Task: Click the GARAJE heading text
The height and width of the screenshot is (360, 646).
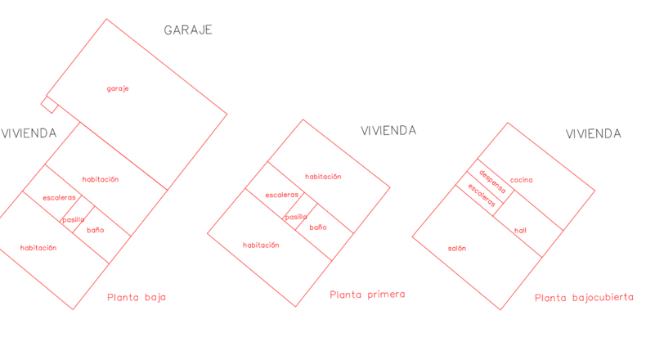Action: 188,30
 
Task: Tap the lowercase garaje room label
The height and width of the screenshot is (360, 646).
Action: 118,88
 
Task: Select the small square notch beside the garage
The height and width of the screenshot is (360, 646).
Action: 49,105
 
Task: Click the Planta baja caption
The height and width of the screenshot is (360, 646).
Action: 137,297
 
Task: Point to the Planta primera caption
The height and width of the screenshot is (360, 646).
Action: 367,295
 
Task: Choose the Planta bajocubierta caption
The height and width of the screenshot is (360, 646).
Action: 584,297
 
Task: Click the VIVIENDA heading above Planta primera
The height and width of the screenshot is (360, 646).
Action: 388,131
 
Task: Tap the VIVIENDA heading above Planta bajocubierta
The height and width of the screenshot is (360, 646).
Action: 594,133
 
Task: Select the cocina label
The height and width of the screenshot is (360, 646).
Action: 521,180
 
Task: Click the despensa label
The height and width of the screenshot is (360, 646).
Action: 492,182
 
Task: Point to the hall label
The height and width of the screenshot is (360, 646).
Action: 520,231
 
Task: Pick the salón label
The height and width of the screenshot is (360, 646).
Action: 457,248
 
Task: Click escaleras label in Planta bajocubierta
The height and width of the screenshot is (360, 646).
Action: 482,195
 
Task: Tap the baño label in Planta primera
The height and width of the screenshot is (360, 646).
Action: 318,227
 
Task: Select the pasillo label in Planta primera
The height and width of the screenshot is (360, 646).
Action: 296,217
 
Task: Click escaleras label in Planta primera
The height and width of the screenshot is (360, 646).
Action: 282,195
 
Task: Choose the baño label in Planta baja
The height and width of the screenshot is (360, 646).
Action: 95,230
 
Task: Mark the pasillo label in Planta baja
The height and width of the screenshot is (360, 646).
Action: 74,220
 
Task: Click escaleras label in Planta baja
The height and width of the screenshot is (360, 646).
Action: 60,198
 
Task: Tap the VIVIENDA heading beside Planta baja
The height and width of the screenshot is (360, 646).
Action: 29,133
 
